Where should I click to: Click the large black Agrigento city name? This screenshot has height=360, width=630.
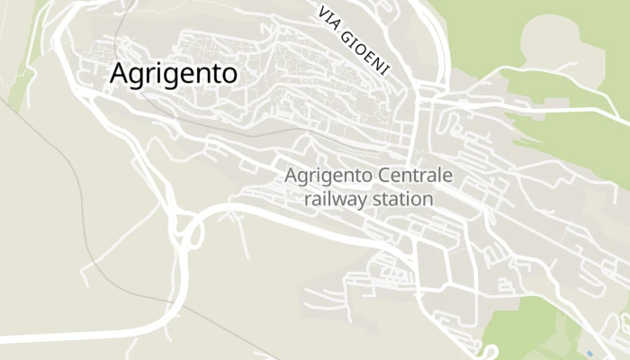tap(174, 74)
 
